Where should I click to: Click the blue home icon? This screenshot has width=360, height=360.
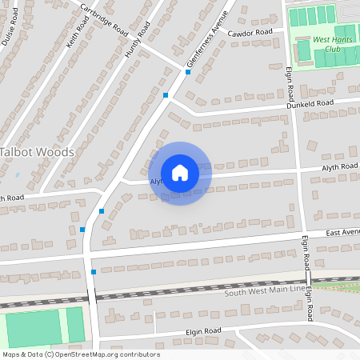tap(180, 173)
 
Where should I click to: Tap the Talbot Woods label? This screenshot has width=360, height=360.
tap(37, 152)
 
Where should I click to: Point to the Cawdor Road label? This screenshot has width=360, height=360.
tap(250, 33)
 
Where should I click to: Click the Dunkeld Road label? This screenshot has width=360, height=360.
tap(310, 104)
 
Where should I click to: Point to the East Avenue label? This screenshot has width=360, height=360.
tap(342, 233)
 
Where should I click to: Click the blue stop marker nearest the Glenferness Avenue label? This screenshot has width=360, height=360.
tap(188, 72)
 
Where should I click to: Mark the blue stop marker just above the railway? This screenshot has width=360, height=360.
tap(94, 273)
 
